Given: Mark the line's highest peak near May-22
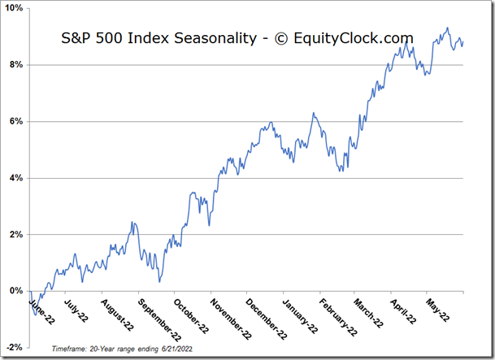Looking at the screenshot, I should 447,28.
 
